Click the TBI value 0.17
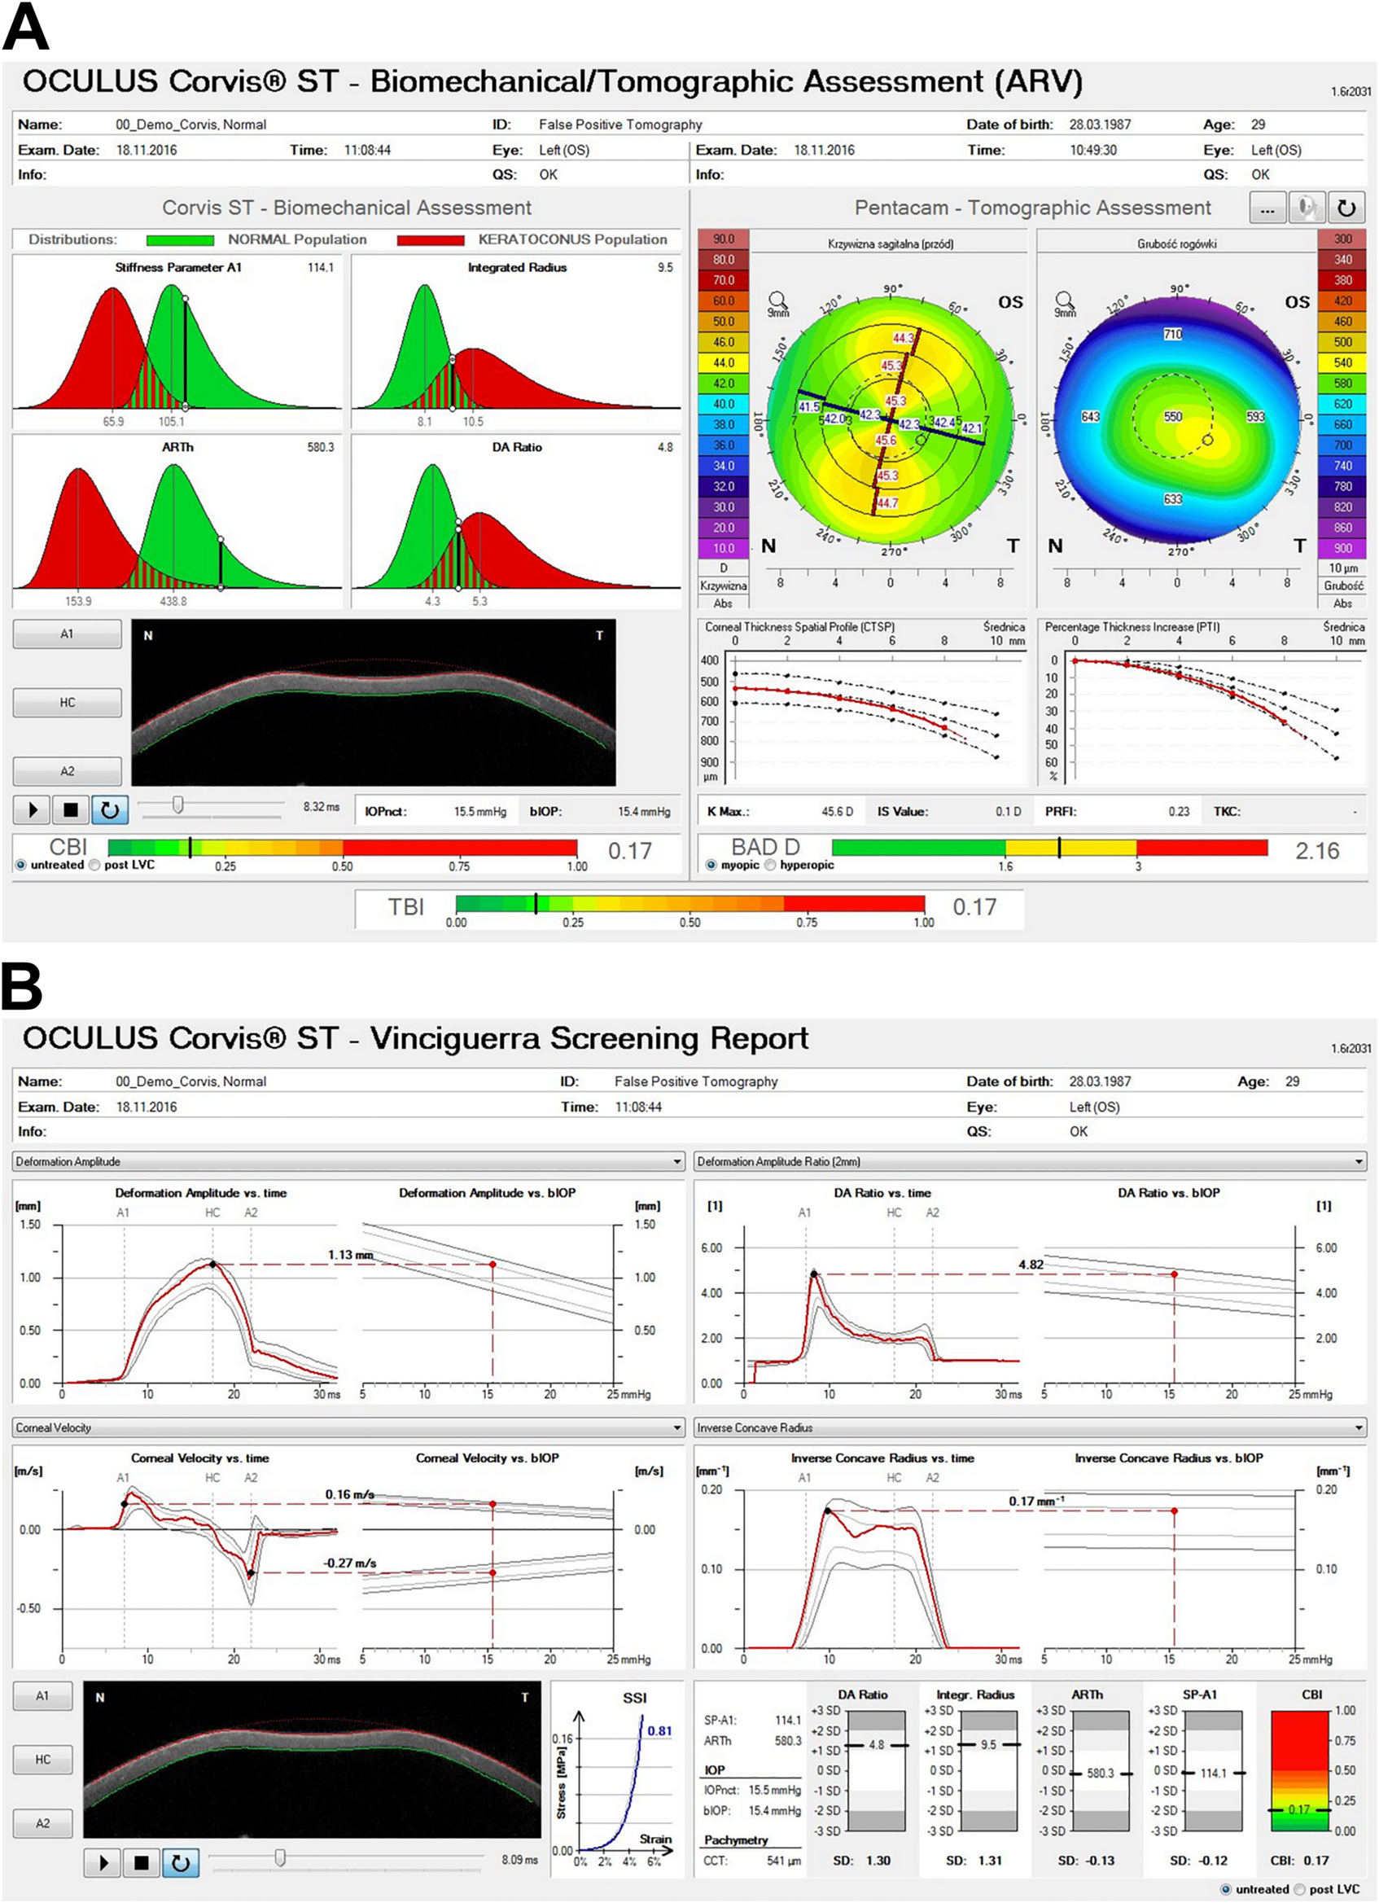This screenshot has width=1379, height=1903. [x=974, y=907]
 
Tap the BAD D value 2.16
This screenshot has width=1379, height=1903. [x=1317, y=851]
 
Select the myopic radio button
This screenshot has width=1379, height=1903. [x=712, y=865]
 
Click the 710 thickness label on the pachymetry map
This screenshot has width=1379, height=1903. [x=1173, y=334]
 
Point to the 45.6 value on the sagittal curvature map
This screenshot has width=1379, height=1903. [x=886, y=440]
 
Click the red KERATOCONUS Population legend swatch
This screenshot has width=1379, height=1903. [x=431, y=240]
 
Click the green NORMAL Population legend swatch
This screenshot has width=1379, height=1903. [x=180, y=240]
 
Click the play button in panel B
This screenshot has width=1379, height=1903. [x=104, y=1863]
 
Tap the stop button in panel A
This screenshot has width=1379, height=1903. [x=72, y=809]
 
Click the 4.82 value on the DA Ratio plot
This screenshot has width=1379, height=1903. [x=1031, y=1265]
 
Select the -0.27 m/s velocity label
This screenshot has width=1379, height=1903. [x=350, y=1563]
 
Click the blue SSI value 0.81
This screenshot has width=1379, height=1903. [x=659, y=1730]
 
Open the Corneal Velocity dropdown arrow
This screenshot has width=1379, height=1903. [x=677, y=1427]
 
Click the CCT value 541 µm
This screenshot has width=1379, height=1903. [x=783, y=1860]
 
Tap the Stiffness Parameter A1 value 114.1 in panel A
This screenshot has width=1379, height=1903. [x=321, y=268]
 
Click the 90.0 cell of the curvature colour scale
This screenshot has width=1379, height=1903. [x=723, y=239]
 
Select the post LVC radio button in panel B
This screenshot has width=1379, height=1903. [x=1300, y=1888]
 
